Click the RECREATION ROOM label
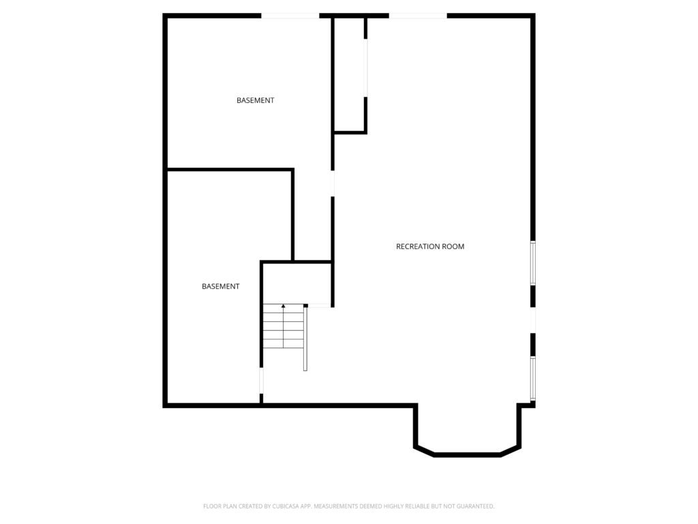[x=430, y=246]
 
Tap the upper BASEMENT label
[x=256, y=100]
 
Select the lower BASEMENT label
[x=221, y=287]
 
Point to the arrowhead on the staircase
[x=284, y=307]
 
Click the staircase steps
[x=284, y=327]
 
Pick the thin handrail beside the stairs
[x=305, y=339]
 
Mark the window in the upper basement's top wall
[x=290, y=15]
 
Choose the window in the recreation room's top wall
[x=418, y=15]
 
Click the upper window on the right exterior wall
[x=533, y=263]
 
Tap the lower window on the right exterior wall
[x=533, y=378]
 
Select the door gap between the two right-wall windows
[x=533, y=320]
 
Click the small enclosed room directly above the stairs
[x=297, y=283]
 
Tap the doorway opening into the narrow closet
[x=367, y=68]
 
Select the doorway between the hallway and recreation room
[x=333, y=184]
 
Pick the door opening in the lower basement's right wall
[x=261, y=381]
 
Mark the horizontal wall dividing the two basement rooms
[x=230, y=169]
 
